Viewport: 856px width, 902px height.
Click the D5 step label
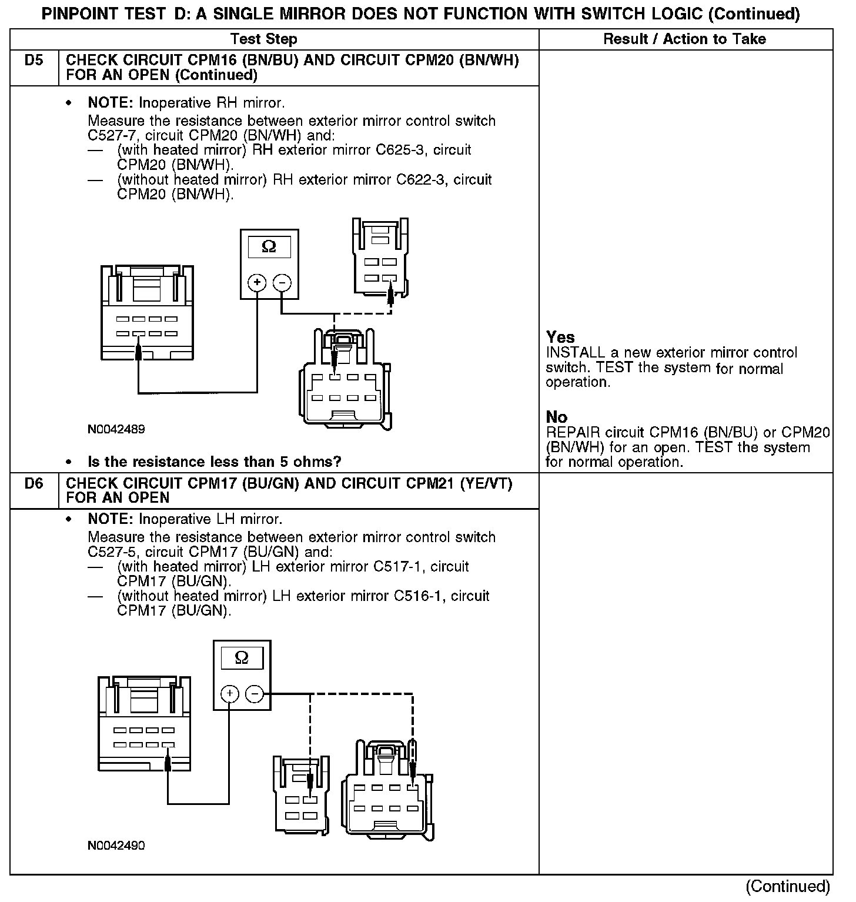point(34,61)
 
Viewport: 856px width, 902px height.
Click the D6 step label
point(34,484)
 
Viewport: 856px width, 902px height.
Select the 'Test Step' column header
point(264,39)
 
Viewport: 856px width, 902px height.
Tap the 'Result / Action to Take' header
point(684,39)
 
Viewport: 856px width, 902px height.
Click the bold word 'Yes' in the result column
point(560,338)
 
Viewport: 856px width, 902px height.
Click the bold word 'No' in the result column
point(557,417)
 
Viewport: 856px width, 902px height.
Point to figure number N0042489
point(116,429)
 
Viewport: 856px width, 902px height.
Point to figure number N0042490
point(116,846)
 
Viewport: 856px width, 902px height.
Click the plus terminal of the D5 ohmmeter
point(257,283)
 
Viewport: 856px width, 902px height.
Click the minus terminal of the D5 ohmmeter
point(282,283)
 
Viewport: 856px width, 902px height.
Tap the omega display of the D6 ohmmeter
point(242,658)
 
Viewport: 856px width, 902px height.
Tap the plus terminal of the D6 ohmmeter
point(229,694)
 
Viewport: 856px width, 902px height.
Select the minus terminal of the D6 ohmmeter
point(254,694)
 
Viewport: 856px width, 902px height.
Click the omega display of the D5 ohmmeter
point(269,247)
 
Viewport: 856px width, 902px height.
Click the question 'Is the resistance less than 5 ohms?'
point(215,462)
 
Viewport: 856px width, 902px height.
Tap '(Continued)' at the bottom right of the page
point(788,886)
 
